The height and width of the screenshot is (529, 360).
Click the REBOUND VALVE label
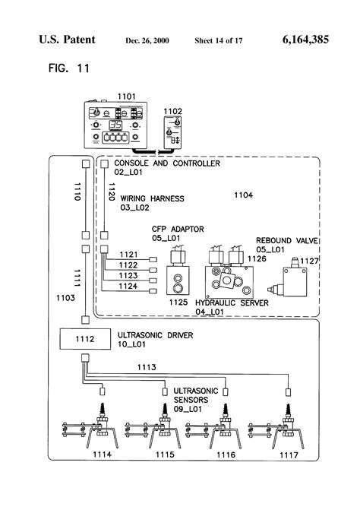click(x=287, y=240)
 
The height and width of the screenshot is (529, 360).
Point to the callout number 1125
click(x=178, y=303)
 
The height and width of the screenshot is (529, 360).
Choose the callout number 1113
click(x=146, y=367)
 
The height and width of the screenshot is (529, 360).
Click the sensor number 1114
click(x=100, y=455)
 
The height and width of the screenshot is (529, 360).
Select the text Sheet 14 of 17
click(x=219, y=40)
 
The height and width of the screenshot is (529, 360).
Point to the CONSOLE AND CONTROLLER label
click(x=166, y=163)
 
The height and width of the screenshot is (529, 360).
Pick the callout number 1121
click(x=128, y=254)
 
